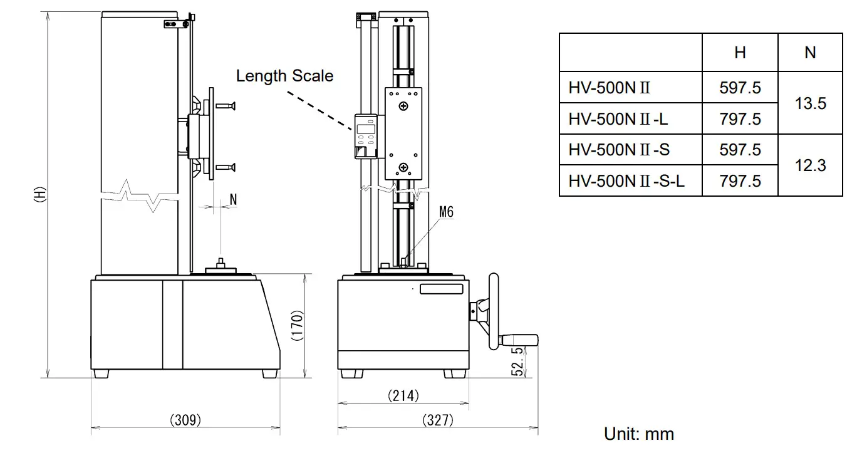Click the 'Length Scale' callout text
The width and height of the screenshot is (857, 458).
coord(284,76)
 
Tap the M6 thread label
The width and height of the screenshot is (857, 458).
coord(445,212)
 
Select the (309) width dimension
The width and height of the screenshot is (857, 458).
coord(185,420)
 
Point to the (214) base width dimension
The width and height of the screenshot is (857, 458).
coord(403,395)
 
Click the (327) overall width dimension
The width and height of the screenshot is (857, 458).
coord(437,420)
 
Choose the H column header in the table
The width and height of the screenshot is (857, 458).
coord(740,53)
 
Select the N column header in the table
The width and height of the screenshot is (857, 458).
coord(810,53)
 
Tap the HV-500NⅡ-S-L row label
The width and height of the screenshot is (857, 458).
coord(626,181)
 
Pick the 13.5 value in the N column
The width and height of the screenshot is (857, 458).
coord(810,103)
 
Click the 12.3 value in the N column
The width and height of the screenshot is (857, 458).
coord(810,165)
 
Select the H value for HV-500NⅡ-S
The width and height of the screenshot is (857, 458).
coord(740,150)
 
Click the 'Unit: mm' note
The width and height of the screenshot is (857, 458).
coord(638,434)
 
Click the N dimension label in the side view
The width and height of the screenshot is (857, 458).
coord(233,199)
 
